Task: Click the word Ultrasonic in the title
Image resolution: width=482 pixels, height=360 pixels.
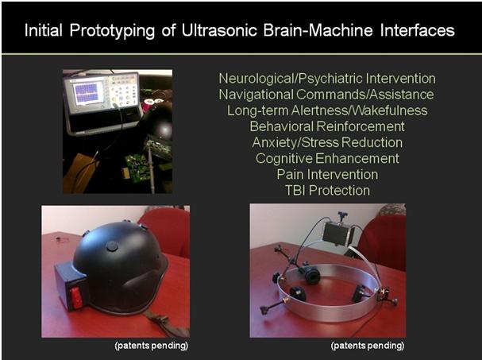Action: (x=219, y=30)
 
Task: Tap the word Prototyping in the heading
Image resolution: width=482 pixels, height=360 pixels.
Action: (x=112, y=31)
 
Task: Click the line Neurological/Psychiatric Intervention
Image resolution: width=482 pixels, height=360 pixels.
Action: (x=327, y=79)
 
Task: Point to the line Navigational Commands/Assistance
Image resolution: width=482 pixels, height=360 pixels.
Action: (x=326, y=95)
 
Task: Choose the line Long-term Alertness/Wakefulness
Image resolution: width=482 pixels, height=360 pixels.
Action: (x=327, y=110)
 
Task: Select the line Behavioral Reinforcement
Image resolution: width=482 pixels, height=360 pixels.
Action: (x=327, y=126)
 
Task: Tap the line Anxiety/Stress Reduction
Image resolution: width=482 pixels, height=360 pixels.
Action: (x=327, y=142)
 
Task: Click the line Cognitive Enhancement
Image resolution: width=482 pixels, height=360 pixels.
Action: (x=327, y=158)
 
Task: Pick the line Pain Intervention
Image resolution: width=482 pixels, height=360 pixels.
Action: (x=327, y=175)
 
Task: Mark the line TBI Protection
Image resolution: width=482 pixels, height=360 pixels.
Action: (x=327, y=191)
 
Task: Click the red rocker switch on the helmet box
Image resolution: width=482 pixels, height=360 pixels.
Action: (x=76, y=298)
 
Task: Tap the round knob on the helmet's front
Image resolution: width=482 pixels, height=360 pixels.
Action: (x=112, y=246)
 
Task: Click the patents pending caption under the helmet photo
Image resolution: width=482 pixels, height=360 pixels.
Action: (x=151, y=346)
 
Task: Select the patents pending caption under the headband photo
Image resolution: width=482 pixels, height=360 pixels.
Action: (x=368, y=346)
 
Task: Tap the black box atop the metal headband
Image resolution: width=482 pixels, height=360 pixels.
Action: (x=337, y=234)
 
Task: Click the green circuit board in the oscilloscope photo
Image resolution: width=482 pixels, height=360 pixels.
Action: (x=138, y=168)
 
